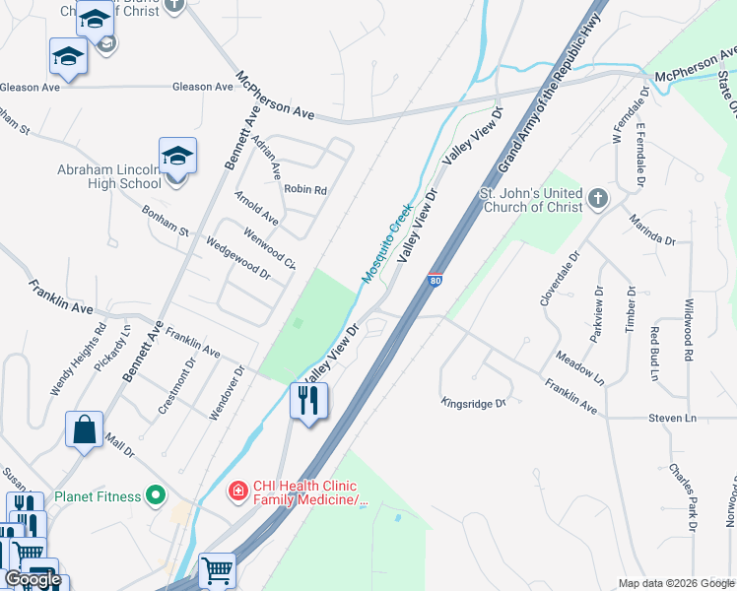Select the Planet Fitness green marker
coord(156,496)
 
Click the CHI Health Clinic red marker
coord(237,490)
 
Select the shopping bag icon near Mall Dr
coord(85,430)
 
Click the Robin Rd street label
coord(304,189)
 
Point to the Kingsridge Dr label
coord(473,403)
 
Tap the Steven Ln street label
coord(672,419)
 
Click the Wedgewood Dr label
coord(237,257)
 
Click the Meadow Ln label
coord(580,369)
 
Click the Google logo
coord(33,579)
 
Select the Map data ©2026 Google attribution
coord(675,583)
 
